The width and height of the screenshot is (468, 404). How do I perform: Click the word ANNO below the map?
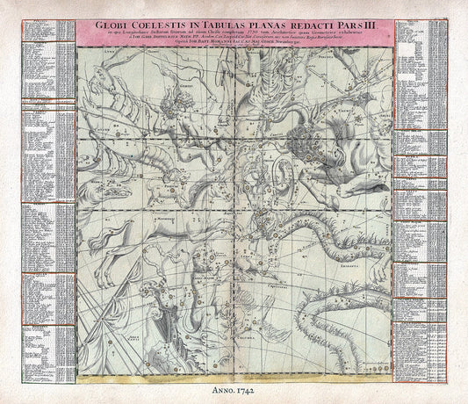[x=216, y=386]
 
